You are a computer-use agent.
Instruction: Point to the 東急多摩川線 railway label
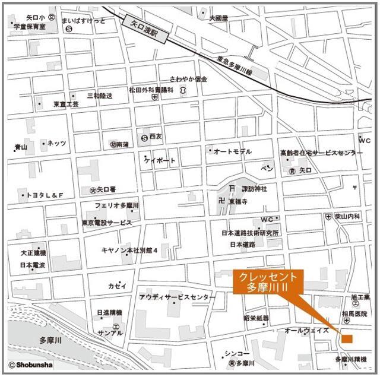pos(235,66)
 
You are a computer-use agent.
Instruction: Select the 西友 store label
pos(155,137)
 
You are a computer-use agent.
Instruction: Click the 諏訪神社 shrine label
pos(255,189)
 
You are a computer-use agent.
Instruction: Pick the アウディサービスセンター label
pos(178,297)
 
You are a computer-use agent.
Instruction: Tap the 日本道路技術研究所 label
pos(250,233)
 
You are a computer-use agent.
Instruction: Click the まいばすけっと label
pos(83,21)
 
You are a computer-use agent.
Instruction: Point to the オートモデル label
pos(232,151)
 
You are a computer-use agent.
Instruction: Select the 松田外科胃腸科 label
pos(151,90)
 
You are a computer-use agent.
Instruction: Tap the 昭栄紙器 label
pos(256,319)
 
